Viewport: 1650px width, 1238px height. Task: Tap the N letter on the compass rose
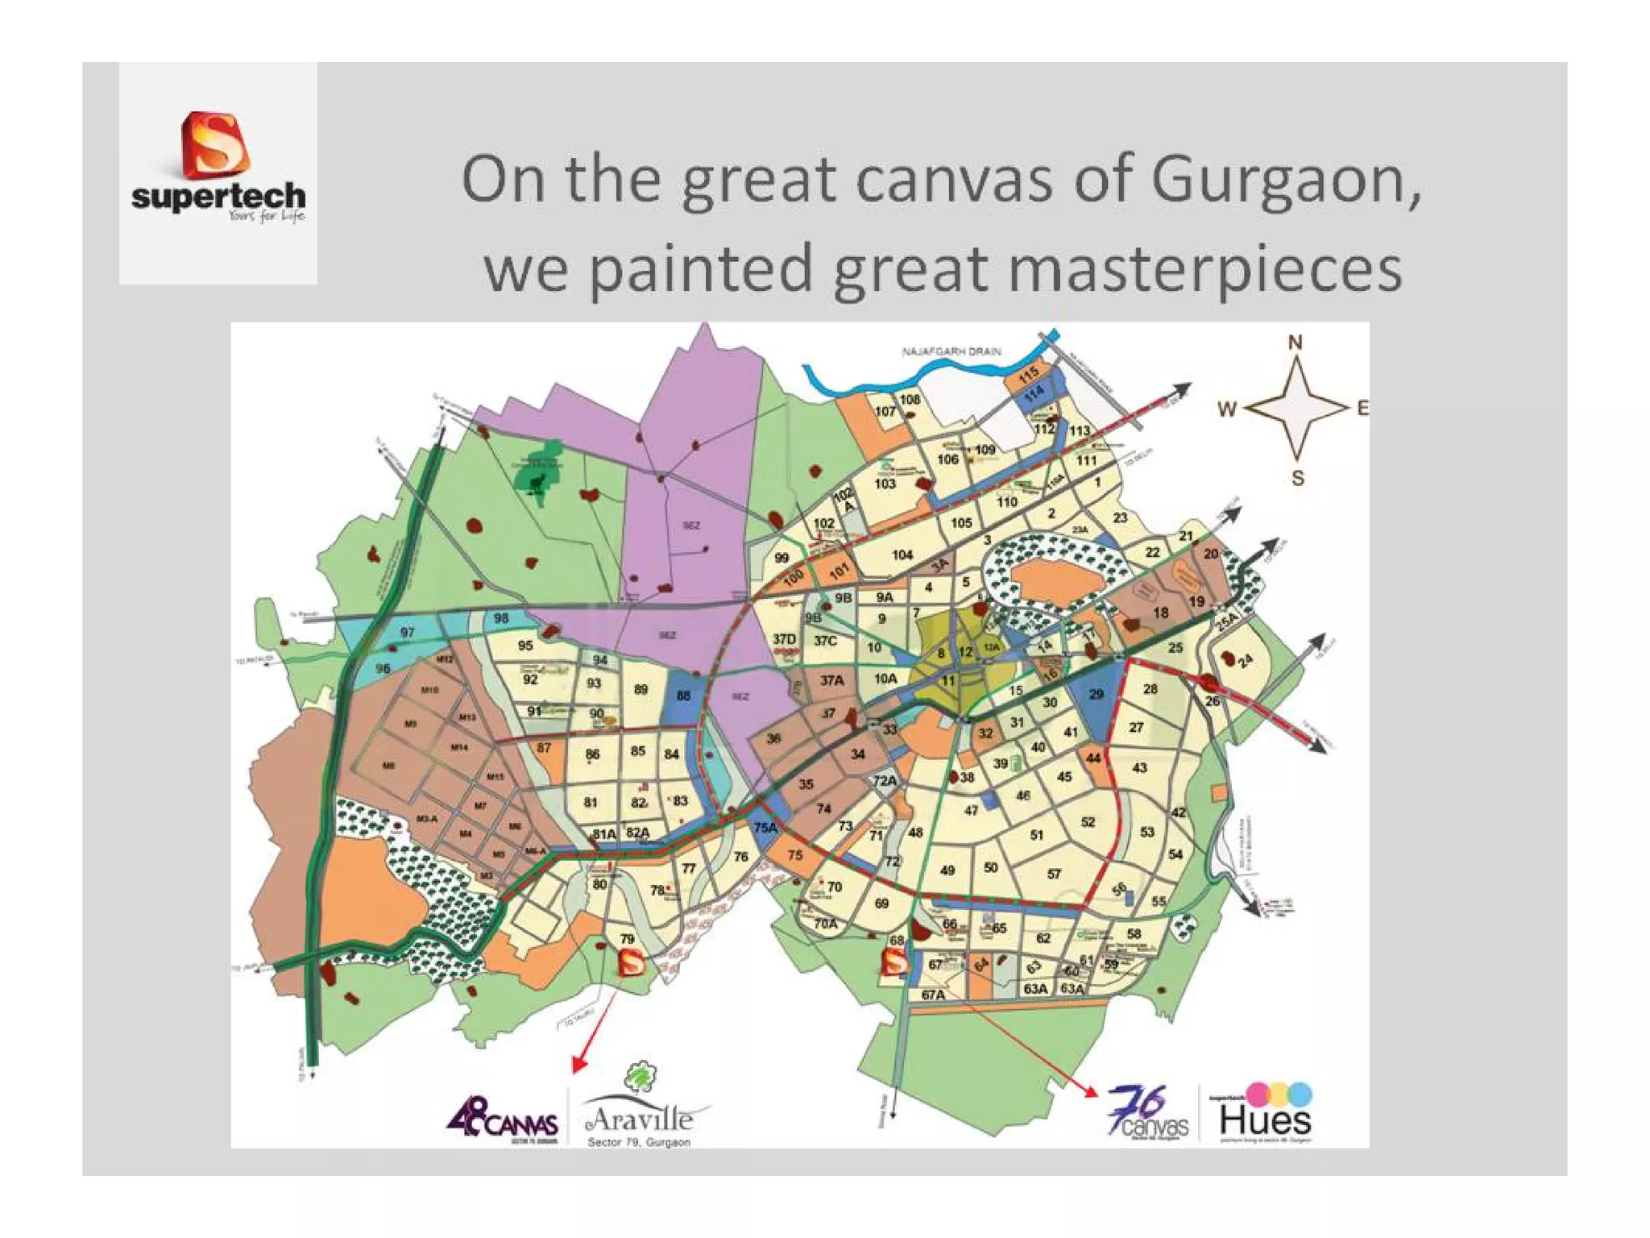pos(1295,343)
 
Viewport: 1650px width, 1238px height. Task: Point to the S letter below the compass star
pos(1297,478)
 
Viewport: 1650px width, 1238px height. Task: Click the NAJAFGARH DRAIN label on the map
pos(951,351)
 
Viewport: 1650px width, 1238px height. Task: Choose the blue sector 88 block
pos(683,696)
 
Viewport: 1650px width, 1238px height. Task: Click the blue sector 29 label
pos(1096,694)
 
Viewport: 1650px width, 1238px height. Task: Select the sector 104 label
pos(902,555)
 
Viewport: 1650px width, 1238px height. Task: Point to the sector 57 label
pos(1054,874)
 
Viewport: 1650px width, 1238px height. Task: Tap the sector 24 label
pos(1246,661)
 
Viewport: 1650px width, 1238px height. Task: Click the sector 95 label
pos(525,646)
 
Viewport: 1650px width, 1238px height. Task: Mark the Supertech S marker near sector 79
pos(631,962)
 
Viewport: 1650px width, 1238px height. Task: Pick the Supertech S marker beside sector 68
pos(894,962)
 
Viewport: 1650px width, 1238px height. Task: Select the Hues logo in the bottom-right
pos(1265,1114)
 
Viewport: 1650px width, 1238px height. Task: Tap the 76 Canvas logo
pos(1148,1112)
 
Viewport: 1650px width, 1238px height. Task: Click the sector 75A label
pos(765,828)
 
